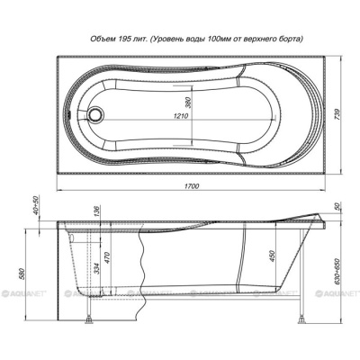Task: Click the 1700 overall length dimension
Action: (192, 186)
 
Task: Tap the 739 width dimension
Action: (337, 115)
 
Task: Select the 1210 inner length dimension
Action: (181, 116)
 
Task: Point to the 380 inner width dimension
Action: (189, 103)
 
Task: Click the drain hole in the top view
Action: (96, 114)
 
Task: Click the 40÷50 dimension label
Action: (36, 205)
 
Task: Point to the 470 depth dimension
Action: (108, 258)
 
